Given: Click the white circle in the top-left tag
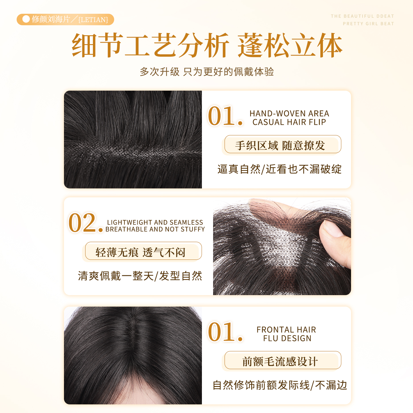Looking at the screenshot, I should coord(26,19).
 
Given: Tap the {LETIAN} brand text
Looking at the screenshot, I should coord(93,20).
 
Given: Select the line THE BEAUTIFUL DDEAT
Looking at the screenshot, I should coord(362,16).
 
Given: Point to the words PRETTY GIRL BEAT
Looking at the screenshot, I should coord(368,24).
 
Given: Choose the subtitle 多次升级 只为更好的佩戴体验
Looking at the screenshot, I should coord(206,72).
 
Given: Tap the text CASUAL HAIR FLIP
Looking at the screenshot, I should coord(289,122).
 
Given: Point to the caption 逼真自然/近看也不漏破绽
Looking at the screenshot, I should coord(279,169).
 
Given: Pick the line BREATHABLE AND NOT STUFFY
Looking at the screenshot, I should coord(155,229).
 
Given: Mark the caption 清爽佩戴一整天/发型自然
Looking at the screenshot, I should coord(140,276).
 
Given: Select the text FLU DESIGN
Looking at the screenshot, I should coord(287,338).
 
